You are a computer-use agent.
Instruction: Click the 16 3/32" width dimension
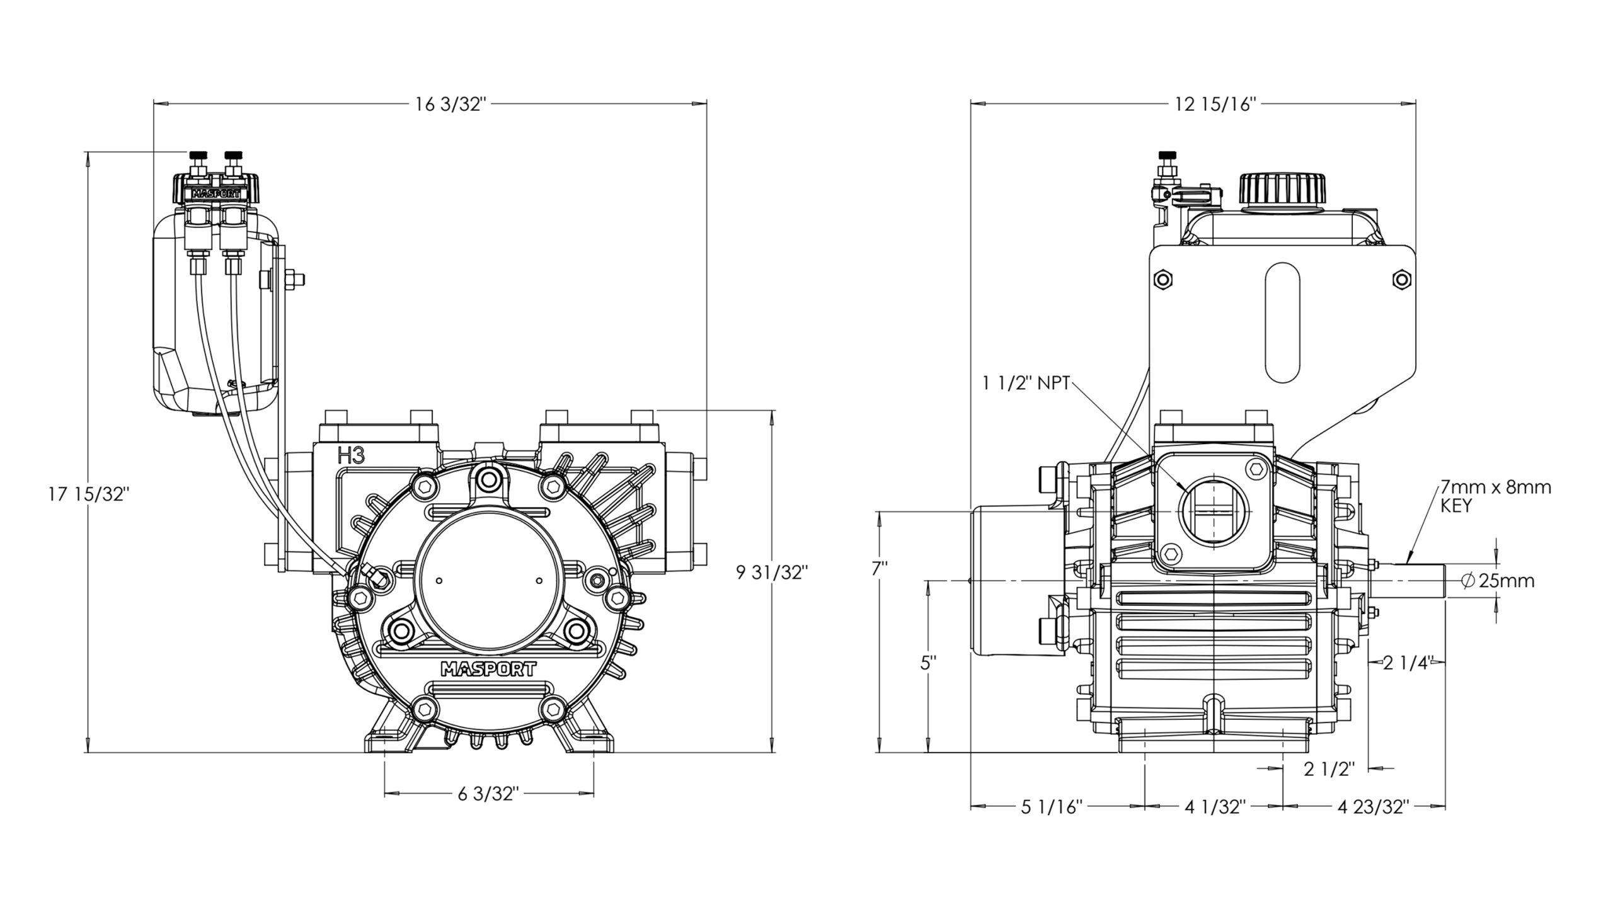[x=451, y=104]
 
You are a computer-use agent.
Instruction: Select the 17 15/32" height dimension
[x=89, y=495]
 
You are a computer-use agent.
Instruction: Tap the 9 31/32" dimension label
[x=772, y=573]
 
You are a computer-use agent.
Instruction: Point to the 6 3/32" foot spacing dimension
[x=488, y=794]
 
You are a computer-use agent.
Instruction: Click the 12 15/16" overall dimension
[x=1207, y=104]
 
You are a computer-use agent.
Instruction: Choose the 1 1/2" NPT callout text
[x=1025, y=383]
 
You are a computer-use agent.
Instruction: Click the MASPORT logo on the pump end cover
[x=489, y=669]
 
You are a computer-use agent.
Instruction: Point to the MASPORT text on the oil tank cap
[x=217, y=193]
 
